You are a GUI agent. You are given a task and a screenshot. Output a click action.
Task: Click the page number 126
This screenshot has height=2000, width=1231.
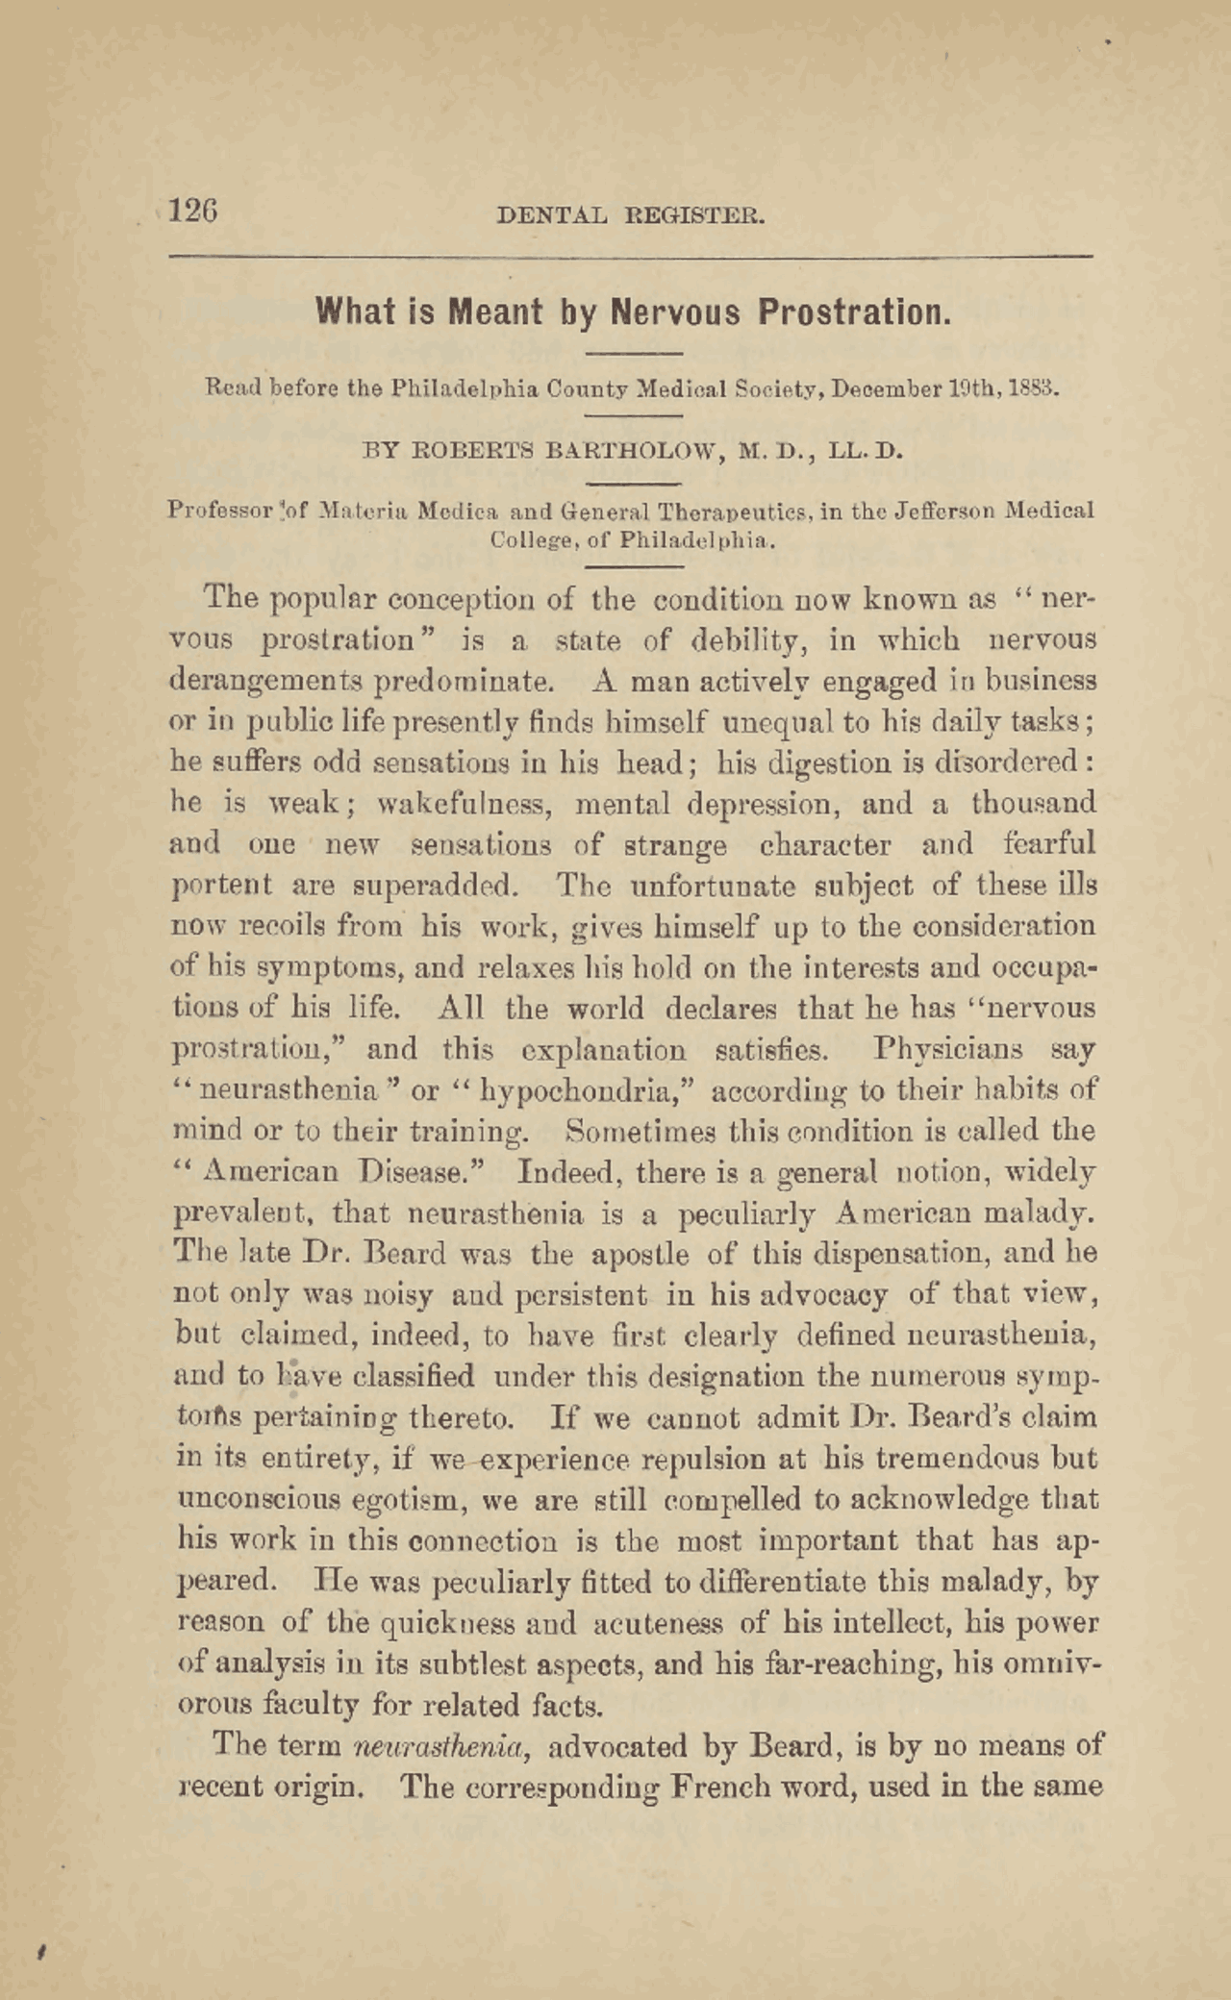(193, 210)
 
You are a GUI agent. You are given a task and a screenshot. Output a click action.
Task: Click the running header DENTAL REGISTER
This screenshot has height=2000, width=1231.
(630, 215)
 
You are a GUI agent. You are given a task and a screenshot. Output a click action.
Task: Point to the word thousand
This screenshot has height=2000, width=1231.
(1033, 803)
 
